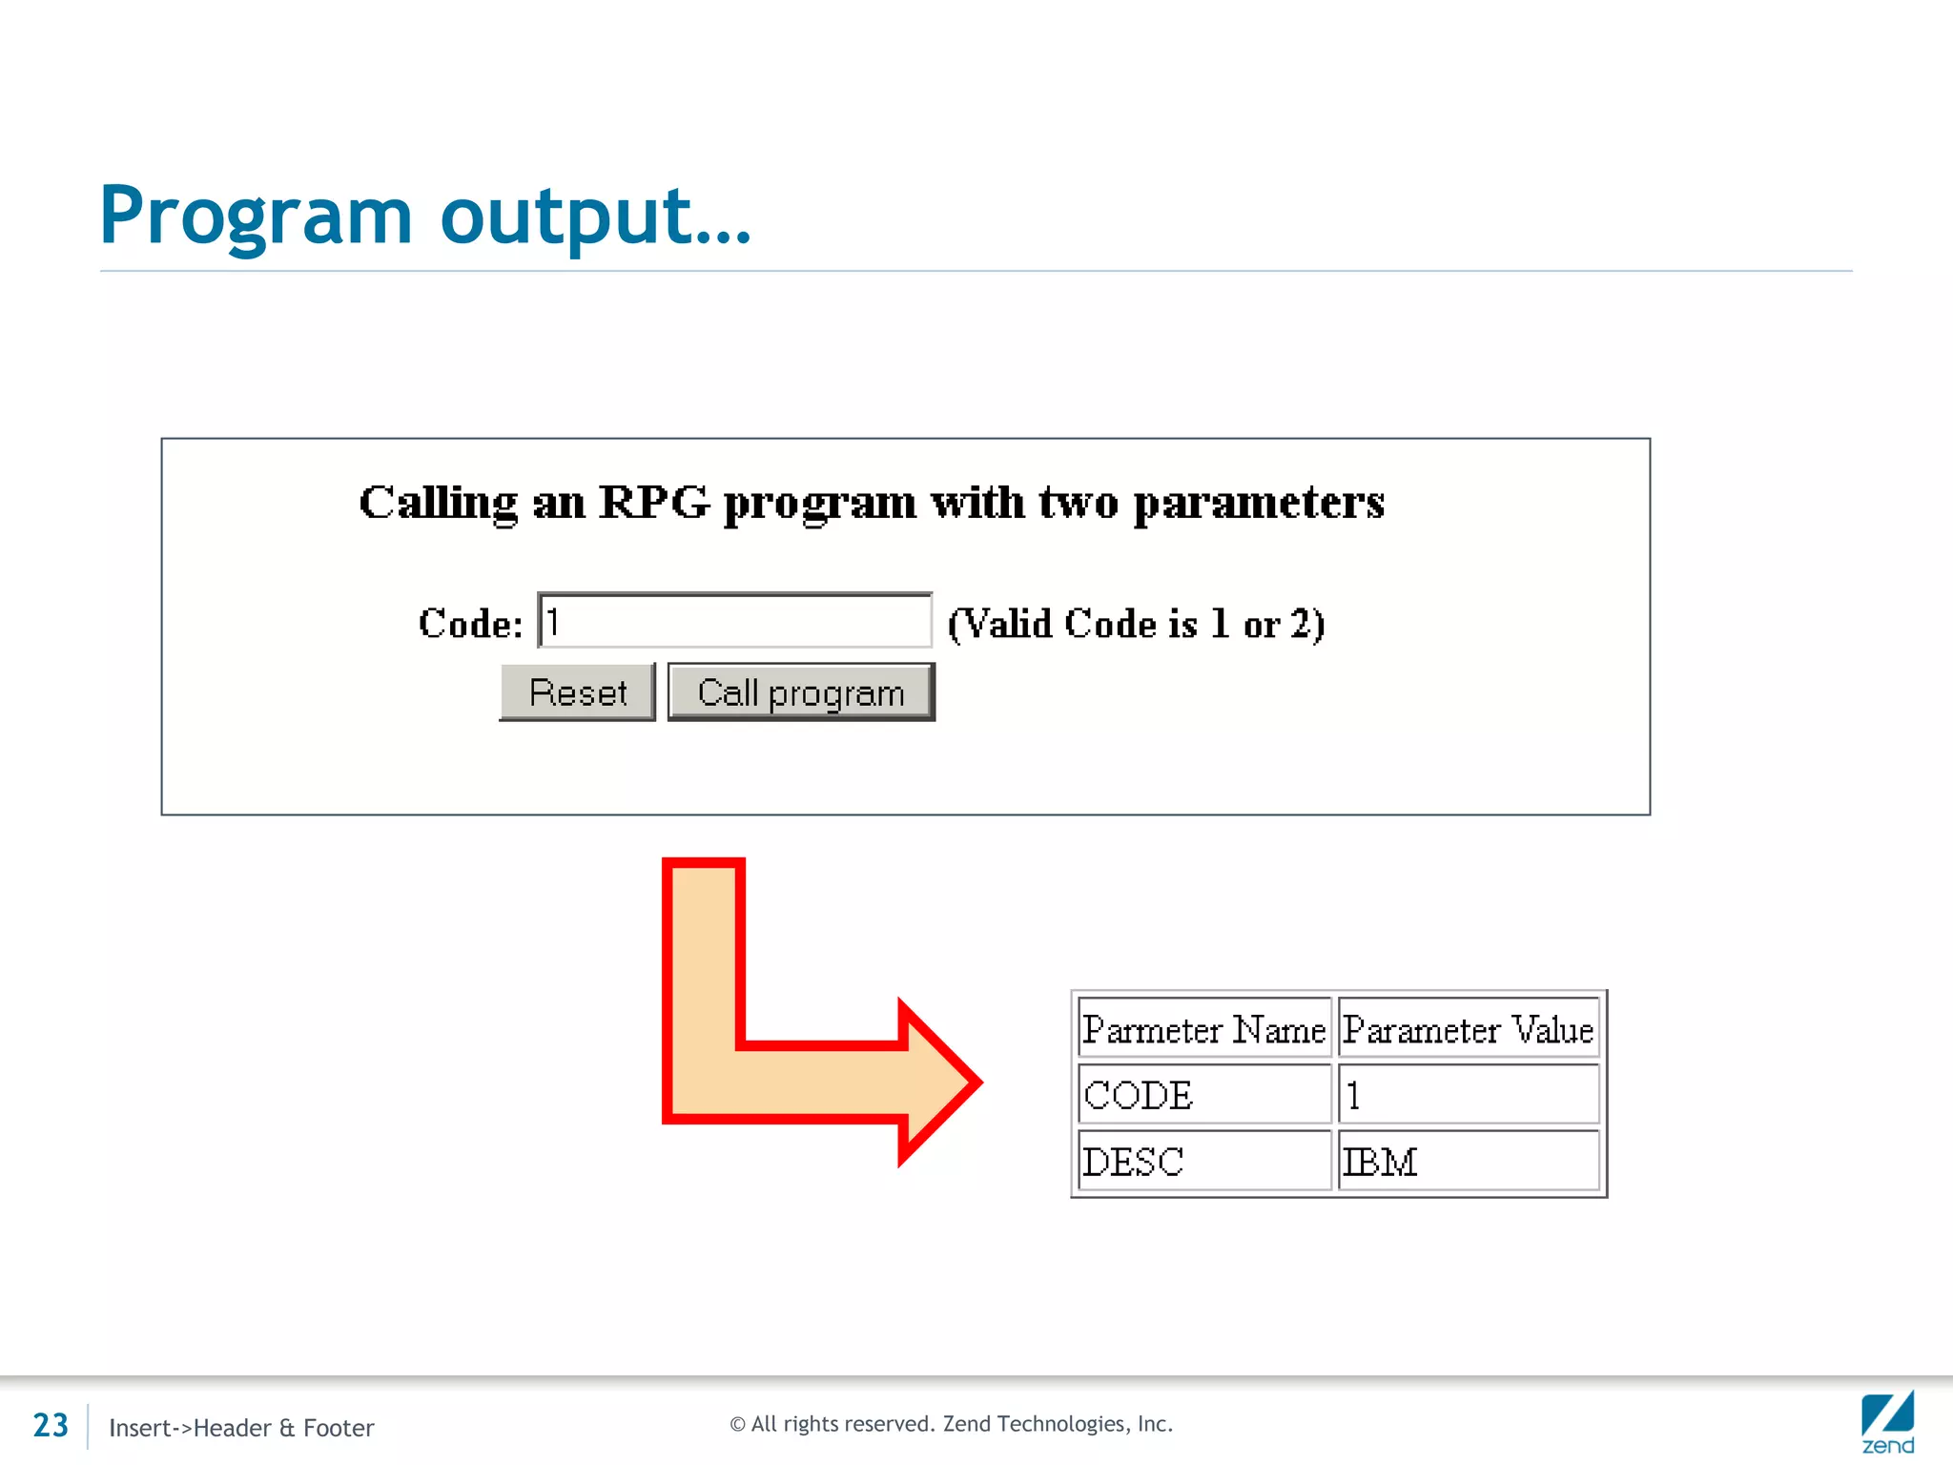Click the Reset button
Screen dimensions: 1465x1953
578,692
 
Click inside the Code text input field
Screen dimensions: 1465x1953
734,621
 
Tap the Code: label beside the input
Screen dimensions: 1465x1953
470,624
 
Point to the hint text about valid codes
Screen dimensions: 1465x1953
1136,624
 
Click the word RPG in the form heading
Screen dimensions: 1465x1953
654,502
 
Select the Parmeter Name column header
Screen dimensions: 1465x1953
1203,1029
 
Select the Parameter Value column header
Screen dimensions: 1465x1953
1468,1029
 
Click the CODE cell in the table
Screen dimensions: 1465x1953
1203,1095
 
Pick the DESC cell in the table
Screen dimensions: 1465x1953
1203,1162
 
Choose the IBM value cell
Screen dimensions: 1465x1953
1468,1162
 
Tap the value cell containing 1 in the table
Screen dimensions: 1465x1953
1468,1095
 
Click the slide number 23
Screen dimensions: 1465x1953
51,1425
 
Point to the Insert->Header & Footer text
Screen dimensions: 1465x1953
241,1428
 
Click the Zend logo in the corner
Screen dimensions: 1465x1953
1887,1422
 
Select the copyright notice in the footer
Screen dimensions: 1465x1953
951,1424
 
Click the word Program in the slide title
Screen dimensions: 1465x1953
256,216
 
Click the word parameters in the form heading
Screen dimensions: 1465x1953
1259,502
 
